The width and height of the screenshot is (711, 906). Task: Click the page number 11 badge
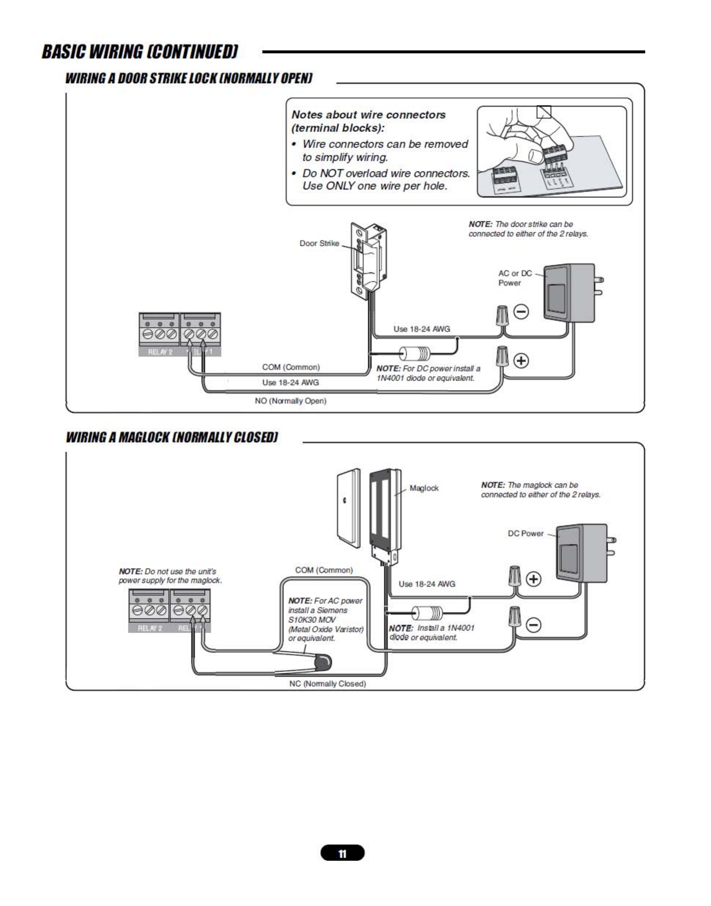[x=342, y=853]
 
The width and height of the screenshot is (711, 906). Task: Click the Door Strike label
[x=319, y=244]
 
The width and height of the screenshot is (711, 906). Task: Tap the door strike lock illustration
[x=368, y=261]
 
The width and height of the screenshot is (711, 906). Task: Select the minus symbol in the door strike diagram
[x=521, y=312]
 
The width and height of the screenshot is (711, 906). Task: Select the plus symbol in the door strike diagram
[x=521, y=361]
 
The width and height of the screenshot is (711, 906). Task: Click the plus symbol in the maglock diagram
[x=534, y=579]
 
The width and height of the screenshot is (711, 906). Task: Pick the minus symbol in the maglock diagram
[x=534, y=625]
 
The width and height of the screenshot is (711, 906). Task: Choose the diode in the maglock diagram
[x=427, y=613]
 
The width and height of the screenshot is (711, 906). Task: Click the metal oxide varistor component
[x=324, y=661]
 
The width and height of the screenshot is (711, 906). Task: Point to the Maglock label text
[x=424, y=488]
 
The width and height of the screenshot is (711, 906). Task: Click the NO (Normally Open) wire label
[x=291, y=401]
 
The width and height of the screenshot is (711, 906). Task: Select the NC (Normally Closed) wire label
[x=328, y=684]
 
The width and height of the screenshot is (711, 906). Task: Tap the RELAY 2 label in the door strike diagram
[x=160, y=352]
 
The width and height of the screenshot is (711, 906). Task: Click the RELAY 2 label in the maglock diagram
[x=150, y=628]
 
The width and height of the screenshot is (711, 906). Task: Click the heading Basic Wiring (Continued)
[x=140, y=52]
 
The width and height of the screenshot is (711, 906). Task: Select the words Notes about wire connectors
[x=368, y=115]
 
